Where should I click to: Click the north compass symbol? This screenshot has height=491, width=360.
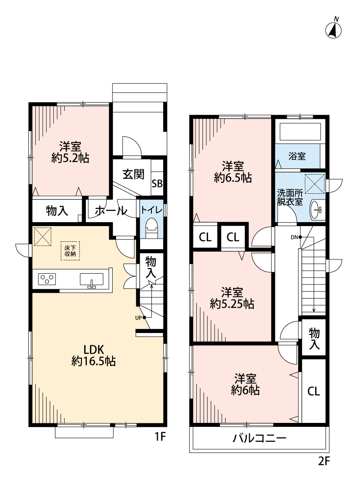click(335, 30)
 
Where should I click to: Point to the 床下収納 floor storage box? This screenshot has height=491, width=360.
click(71, 251)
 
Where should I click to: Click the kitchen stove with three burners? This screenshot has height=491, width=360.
click(48, 278)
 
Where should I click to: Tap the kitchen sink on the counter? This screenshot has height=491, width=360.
click(92, 279)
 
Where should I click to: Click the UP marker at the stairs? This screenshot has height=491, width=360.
click(140, 317)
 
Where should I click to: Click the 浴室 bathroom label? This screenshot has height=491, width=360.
click(297, 156)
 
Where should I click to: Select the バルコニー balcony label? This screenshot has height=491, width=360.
click(259, 438)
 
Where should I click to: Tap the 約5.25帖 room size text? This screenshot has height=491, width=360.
click(232, 304)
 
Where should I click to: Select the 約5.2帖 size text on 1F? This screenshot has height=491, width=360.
click(70, 158)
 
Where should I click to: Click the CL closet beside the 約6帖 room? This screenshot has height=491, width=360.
click(313, 391)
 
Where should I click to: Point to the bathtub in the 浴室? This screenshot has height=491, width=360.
click(299, 131)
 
